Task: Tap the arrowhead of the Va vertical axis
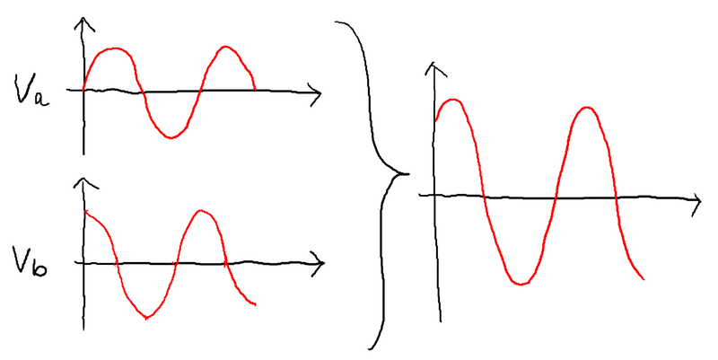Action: coord(83,22)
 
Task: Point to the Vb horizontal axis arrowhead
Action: coord(320,262)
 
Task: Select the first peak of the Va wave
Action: coord(114,48)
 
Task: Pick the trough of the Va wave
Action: coord(170,137)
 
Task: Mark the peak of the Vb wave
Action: coord(203,211)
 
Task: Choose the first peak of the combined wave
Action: coord(454,100)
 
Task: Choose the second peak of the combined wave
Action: coord(587,108)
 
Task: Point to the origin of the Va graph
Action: coord(83,90)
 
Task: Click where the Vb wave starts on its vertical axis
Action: coord(84,211)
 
